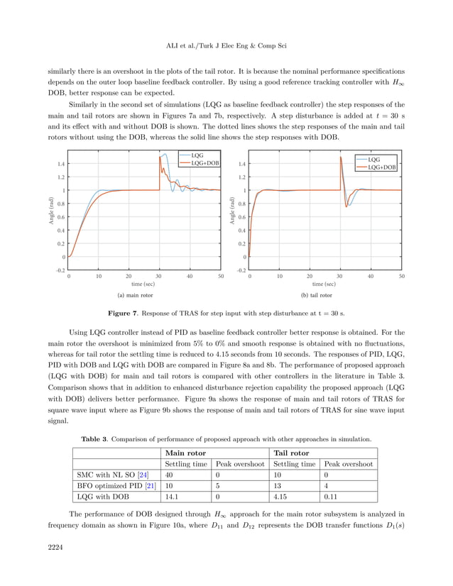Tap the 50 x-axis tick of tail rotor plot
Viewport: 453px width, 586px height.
click(x=401, y=276)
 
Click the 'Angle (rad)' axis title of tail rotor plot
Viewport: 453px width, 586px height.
click(x=231, y=211)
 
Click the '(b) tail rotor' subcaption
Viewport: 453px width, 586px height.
click(x=316, y=295)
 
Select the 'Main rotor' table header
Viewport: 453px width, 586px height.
click(x=185, y=453)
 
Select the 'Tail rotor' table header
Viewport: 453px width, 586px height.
click(x=291, y=453)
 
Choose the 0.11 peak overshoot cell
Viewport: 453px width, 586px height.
click(x=330, y=497)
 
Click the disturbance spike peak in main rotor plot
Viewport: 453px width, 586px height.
click(x=165, y=154)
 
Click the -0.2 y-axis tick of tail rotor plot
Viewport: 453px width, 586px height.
click(x=241, y=270)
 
